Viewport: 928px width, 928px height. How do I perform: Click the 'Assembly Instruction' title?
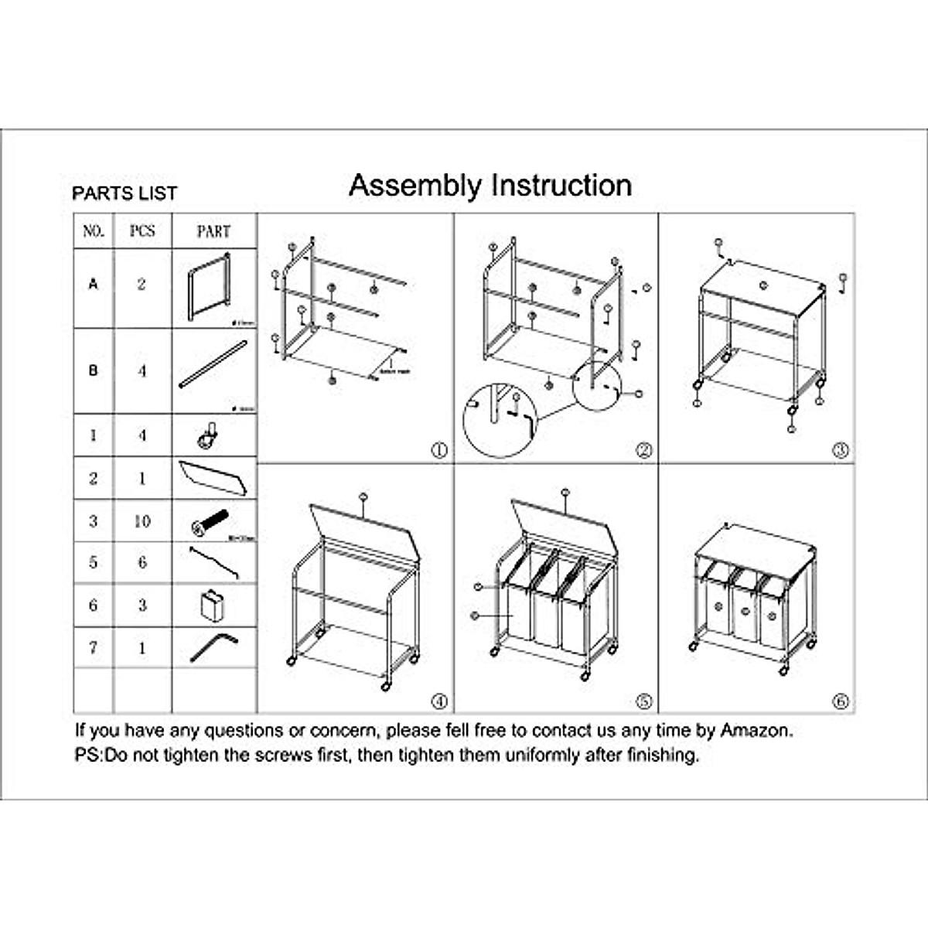[490, 186]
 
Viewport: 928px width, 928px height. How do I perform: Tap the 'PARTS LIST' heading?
[125, 193]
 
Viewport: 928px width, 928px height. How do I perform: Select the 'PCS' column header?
[142, 231]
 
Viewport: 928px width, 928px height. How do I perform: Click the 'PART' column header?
[213, 231]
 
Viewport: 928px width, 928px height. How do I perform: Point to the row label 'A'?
[94, 285]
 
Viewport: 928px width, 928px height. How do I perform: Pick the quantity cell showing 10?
[142, 521]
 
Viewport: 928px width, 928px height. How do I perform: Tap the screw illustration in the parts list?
[210, 524]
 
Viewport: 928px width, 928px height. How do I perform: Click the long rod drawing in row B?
[213, 366]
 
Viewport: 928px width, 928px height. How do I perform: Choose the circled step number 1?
[439, 450]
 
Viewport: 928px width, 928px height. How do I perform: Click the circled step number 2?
[643, 450]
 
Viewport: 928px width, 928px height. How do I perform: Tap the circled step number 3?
[841, 450]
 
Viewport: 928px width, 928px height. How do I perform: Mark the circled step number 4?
[439, 701]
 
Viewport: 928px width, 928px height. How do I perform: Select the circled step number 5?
[643, 701]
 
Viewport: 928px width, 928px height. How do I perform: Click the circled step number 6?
[841, 701]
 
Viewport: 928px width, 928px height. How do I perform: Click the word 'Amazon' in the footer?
[756, 730]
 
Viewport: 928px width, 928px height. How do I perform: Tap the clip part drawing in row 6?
[212, 605]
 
